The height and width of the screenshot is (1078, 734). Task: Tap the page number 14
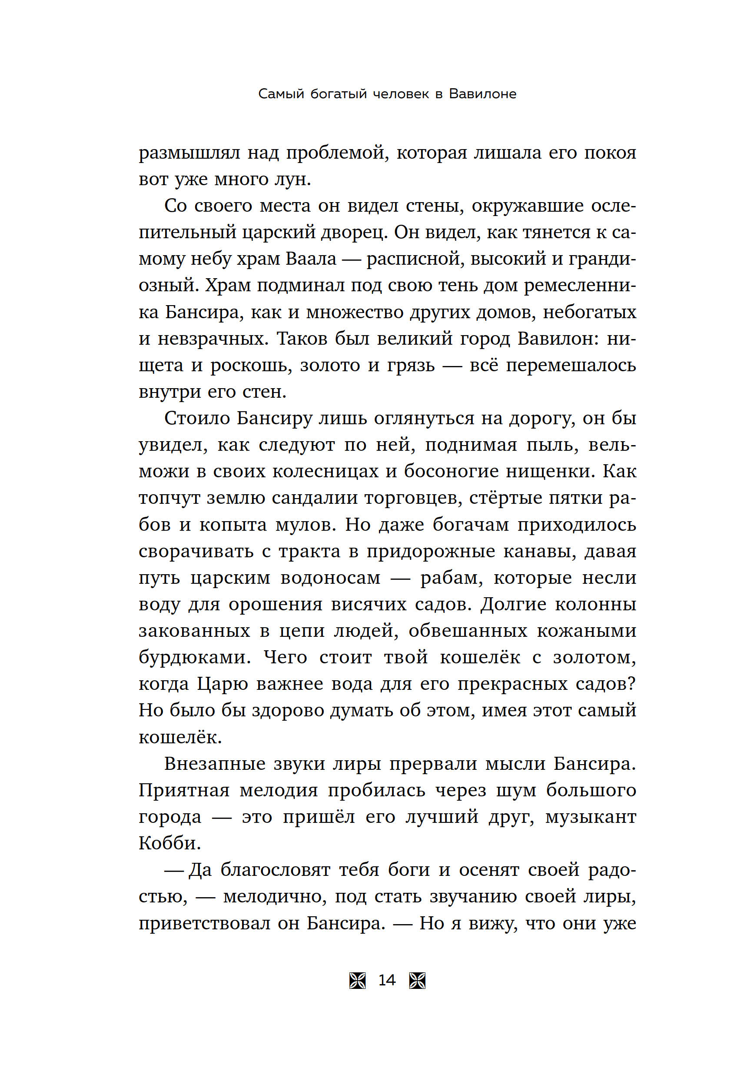387,980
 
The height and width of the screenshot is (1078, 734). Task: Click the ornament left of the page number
358,981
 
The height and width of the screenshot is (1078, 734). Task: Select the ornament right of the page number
417,981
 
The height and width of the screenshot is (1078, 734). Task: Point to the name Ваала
311,259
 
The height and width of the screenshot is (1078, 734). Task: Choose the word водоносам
330,578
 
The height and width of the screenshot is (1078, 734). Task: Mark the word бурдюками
194,658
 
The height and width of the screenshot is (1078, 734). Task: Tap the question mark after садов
631,684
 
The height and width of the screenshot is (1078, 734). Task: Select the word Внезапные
214,763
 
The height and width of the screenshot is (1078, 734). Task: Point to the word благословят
276,870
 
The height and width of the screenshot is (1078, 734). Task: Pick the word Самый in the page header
281,94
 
